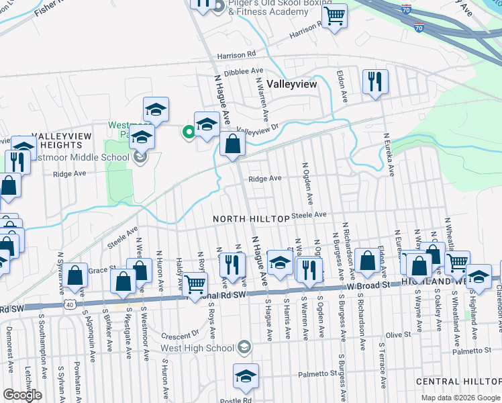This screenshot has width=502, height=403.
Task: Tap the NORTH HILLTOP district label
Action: pyautogui.click(x=251, y=219)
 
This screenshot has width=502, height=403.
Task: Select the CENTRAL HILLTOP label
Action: pyautogui.click(x=458, y=382)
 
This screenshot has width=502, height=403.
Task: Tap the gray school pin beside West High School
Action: pyautogui.click(x=245, y=347)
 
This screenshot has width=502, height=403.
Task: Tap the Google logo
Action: pyautogui.click(x=22, y=395)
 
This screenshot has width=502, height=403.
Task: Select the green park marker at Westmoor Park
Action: pyautogui.click(x=189, y=132)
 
